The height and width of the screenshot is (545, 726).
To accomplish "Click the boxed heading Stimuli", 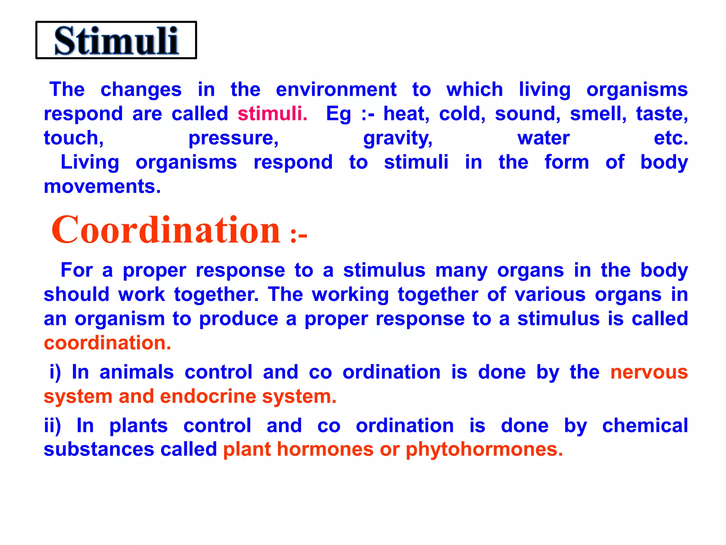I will click(x=116, y=40).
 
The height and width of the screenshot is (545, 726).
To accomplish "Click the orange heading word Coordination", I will click(x=166, y=230).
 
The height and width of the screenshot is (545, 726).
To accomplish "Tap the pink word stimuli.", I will click(x=272, y=114).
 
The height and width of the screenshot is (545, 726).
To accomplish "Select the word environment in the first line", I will click(x=336, y=89).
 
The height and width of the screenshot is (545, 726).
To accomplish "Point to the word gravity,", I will click(x=398, y=138).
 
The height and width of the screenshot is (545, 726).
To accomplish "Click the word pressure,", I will click(x=233, y=138).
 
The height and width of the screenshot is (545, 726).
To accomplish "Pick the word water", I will click(x=543, y=138).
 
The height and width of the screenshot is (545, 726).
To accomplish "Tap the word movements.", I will click(x=102, y=186).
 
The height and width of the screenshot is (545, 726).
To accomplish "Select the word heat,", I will click(x=406, y=114).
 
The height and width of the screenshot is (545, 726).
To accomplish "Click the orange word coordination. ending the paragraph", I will click(x=107, y=343).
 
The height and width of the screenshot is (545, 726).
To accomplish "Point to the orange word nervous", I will click(x=649, y=372).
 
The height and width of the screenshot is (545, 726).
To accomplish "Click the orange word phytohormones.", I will click(x=484, y=450).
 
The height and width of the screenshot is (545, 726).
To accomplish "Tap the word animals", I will click(x=136, y=372).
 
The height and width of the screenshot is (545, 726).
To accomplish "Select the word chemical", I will click(x=645, y=425).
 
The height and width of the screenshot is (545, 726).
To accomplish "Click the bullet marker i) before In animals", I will click(x=55, y=372).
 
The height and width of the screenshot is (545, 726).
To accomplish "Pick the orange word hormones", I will click(x=325, y=450).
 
